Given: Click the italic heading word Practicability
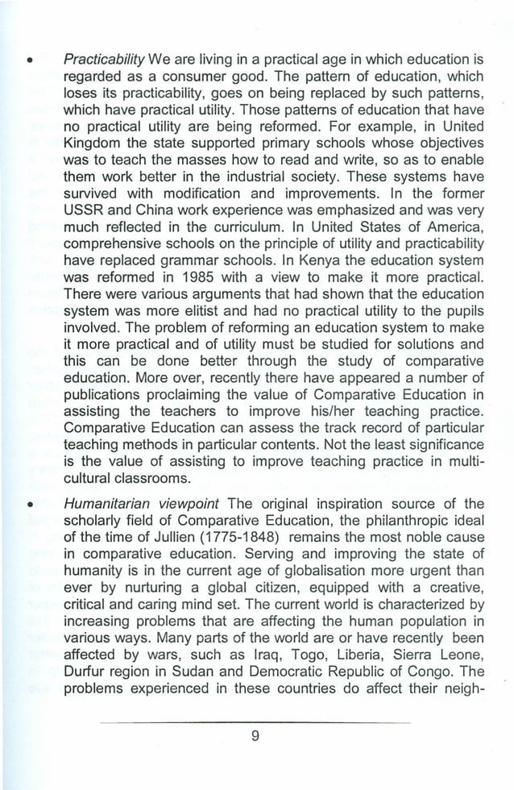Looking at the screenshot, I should pyautogui.click(x=103, y=60).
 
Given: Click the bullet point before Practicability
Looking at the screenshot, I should pyautogui.click(x=29, y=60).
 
